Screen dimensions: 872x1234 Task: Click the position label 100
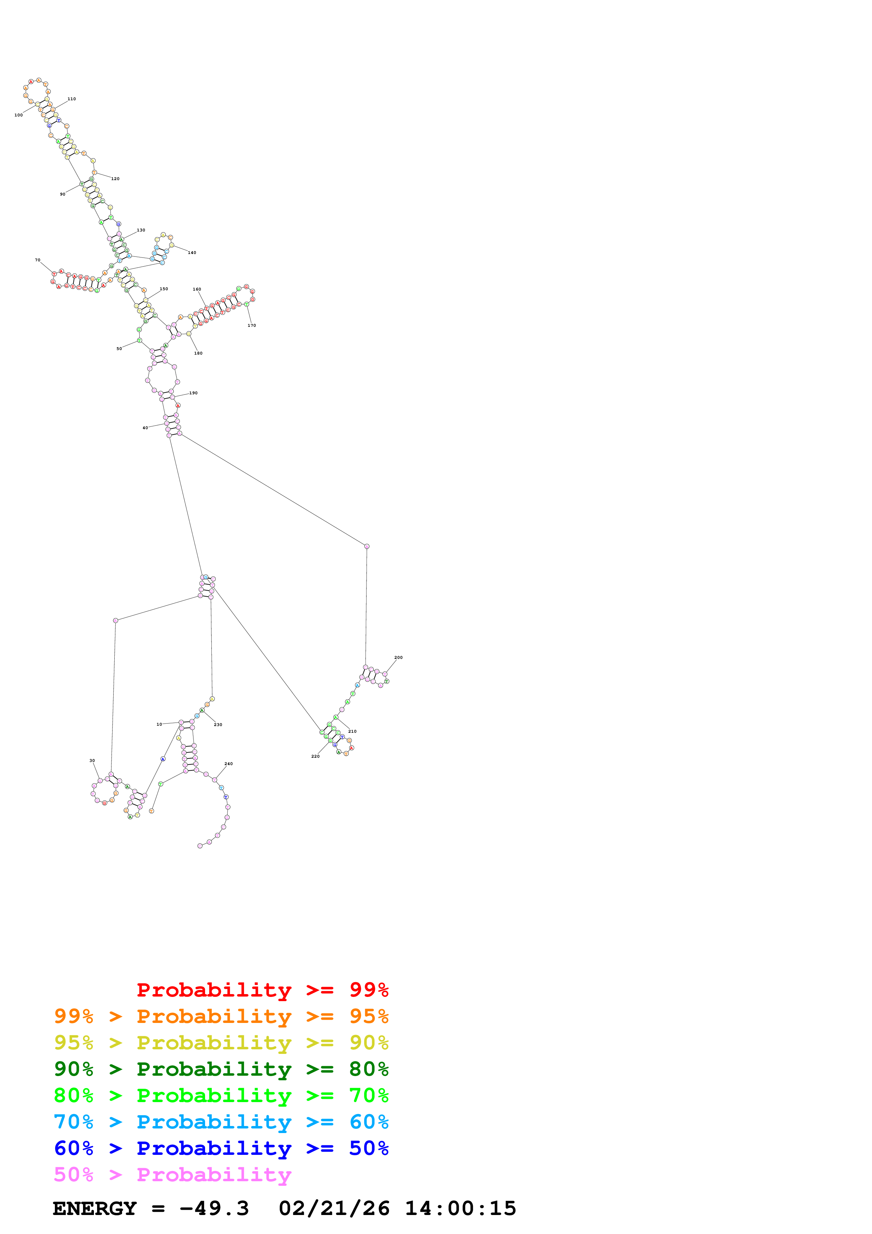click(x=18, y=115)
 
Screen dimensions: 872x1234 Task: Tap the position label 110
click(x=71, y=99)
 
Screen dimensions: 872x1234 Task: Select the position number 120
click(x=115, y=178)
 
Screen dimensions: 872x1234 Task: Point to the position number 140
click(x=192, y=253)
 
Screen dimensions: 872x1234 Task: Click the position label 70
click(x=38, y=260)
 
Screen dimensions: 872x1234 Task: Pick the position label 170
click(x=252, y=325)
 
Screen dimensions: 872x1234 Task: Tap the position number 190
click(x=193, y=393)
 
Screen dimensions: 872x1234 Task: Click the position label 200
click(x=398, y=657)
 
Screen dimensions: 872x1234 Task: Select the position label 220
click(x=316, y=756)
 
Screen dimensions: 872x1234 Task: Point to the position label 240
click(x=228, y=764)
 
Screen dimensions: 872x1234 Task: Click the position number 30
click(x=92, y=761)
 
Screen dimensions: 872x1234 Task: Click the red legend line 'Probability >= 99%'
click(x=262, y=990)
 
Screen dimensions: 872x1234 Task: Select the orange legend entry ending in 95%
click(x=221, y=1016)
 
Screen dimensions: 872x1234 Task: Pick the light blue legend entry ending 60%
click(x=221, y=1122)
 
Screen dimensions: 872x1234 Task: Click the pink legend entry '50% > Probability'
click(x=172, y=1174)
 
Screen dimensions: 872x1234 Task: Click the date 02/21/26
click(x=334, y=1208)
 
